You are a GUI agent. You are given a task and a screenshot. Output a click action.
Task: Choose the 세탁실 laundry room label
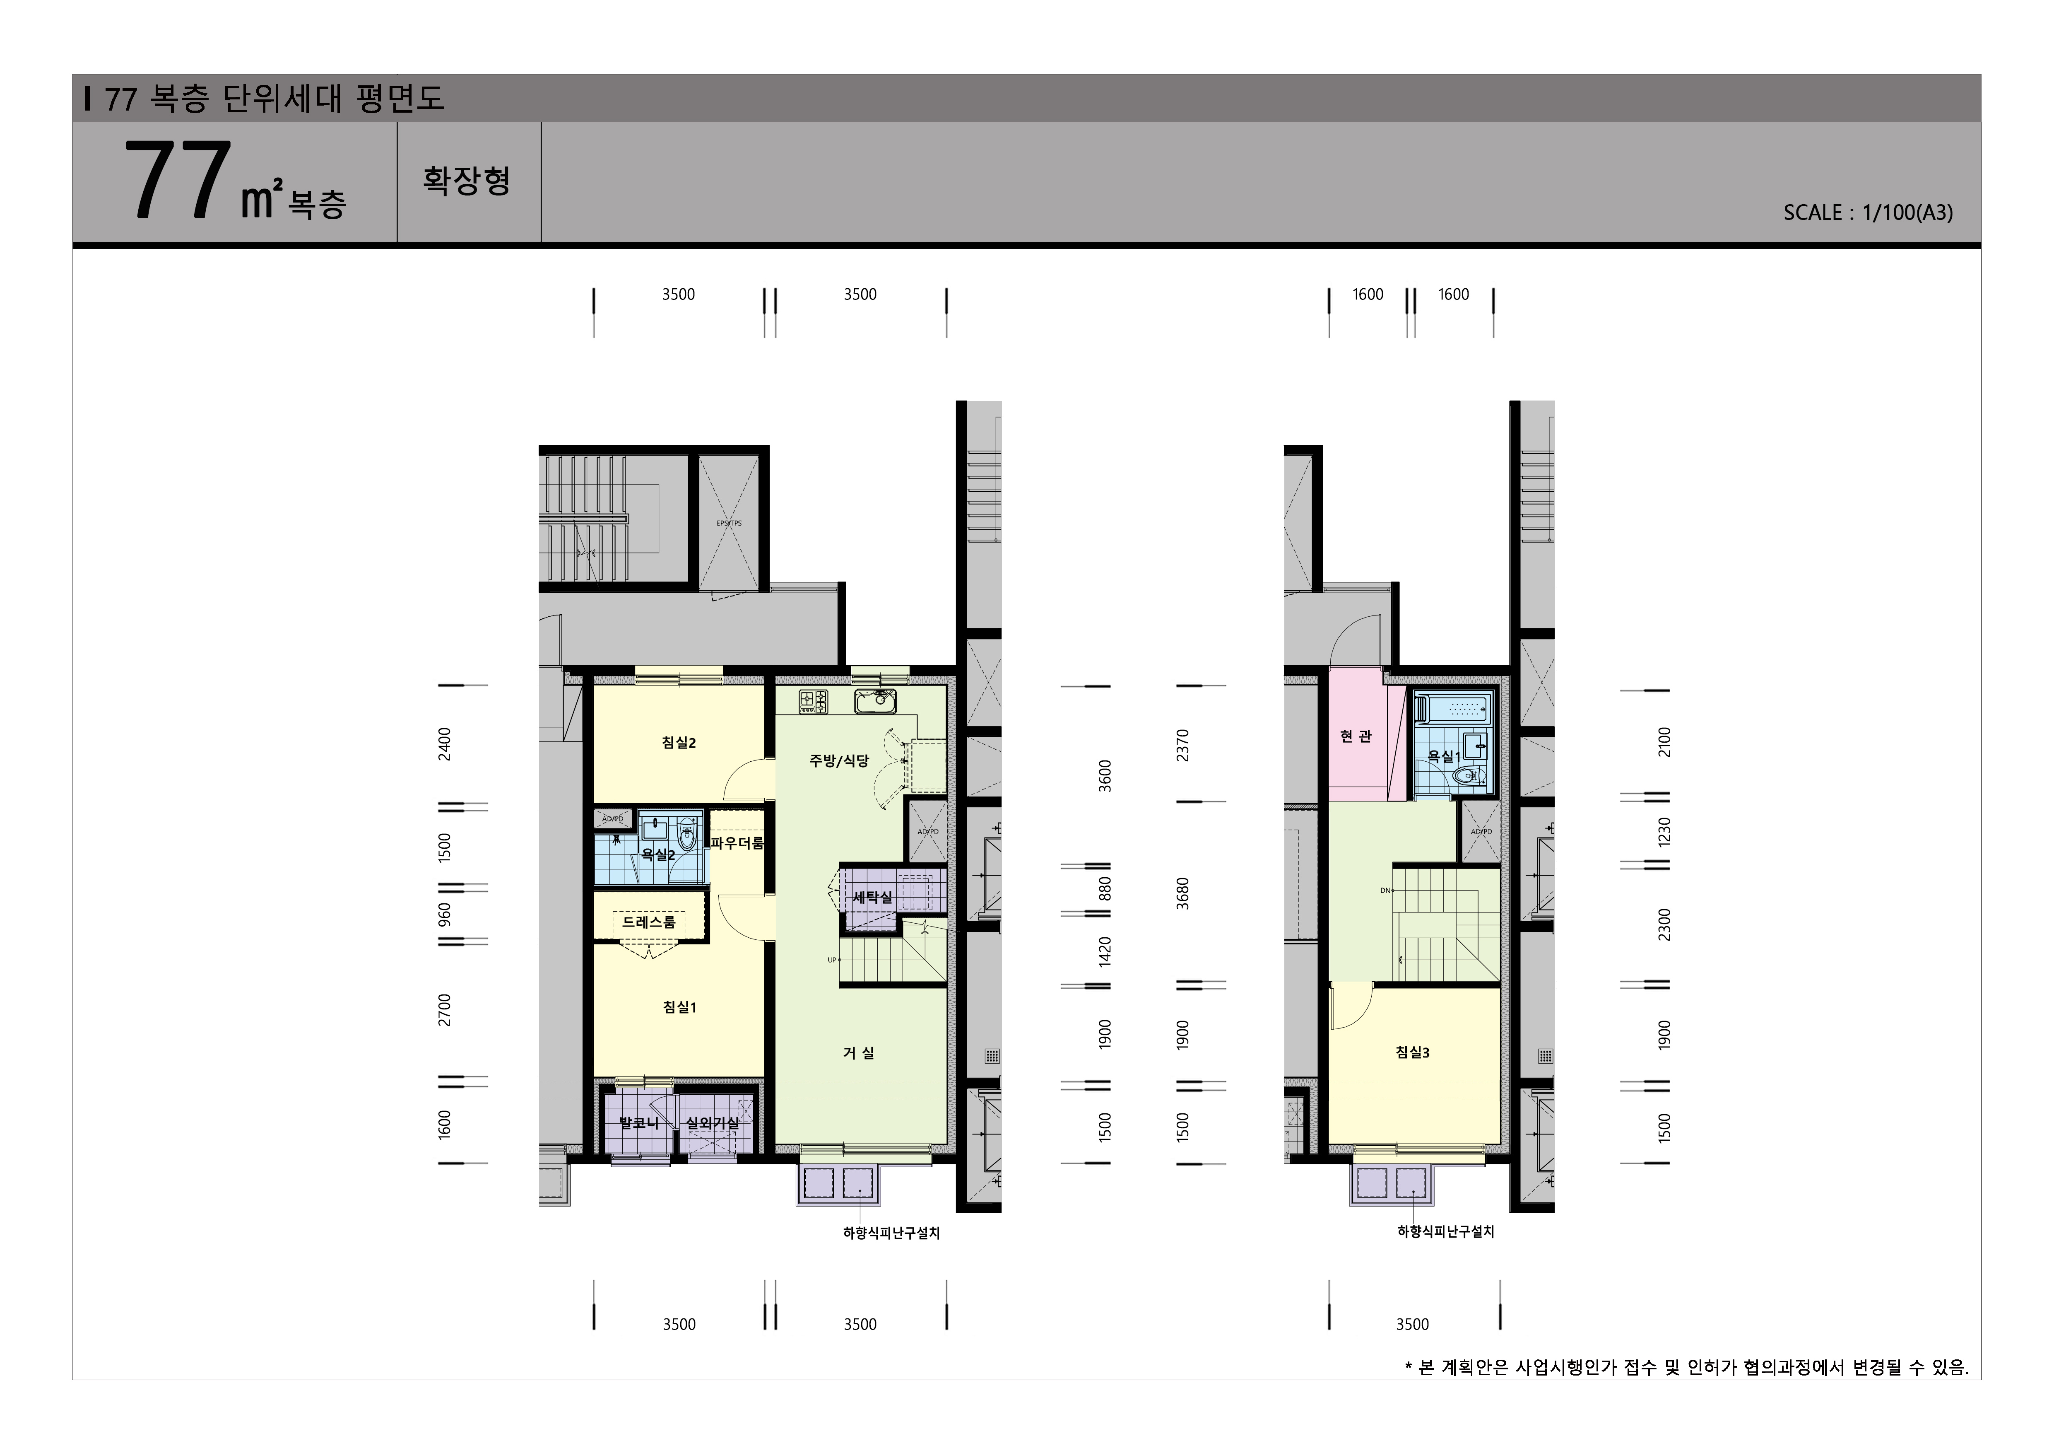pos(872,896)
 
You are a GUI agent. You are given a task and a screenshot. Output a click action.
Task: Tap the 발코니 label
pos(639,1122)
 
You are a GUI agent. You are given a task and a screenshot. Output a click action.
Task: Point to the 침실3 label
pos(1413,1052)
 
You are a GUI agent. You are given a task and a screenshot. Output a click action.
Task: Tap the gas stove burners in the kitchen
pos(813,702)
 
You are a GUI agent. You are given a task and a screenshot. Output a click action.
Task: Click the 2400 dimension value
pos(445,744)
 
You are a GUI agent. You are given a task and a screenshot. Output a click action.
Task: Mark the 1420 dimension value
pos(1106,951)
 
